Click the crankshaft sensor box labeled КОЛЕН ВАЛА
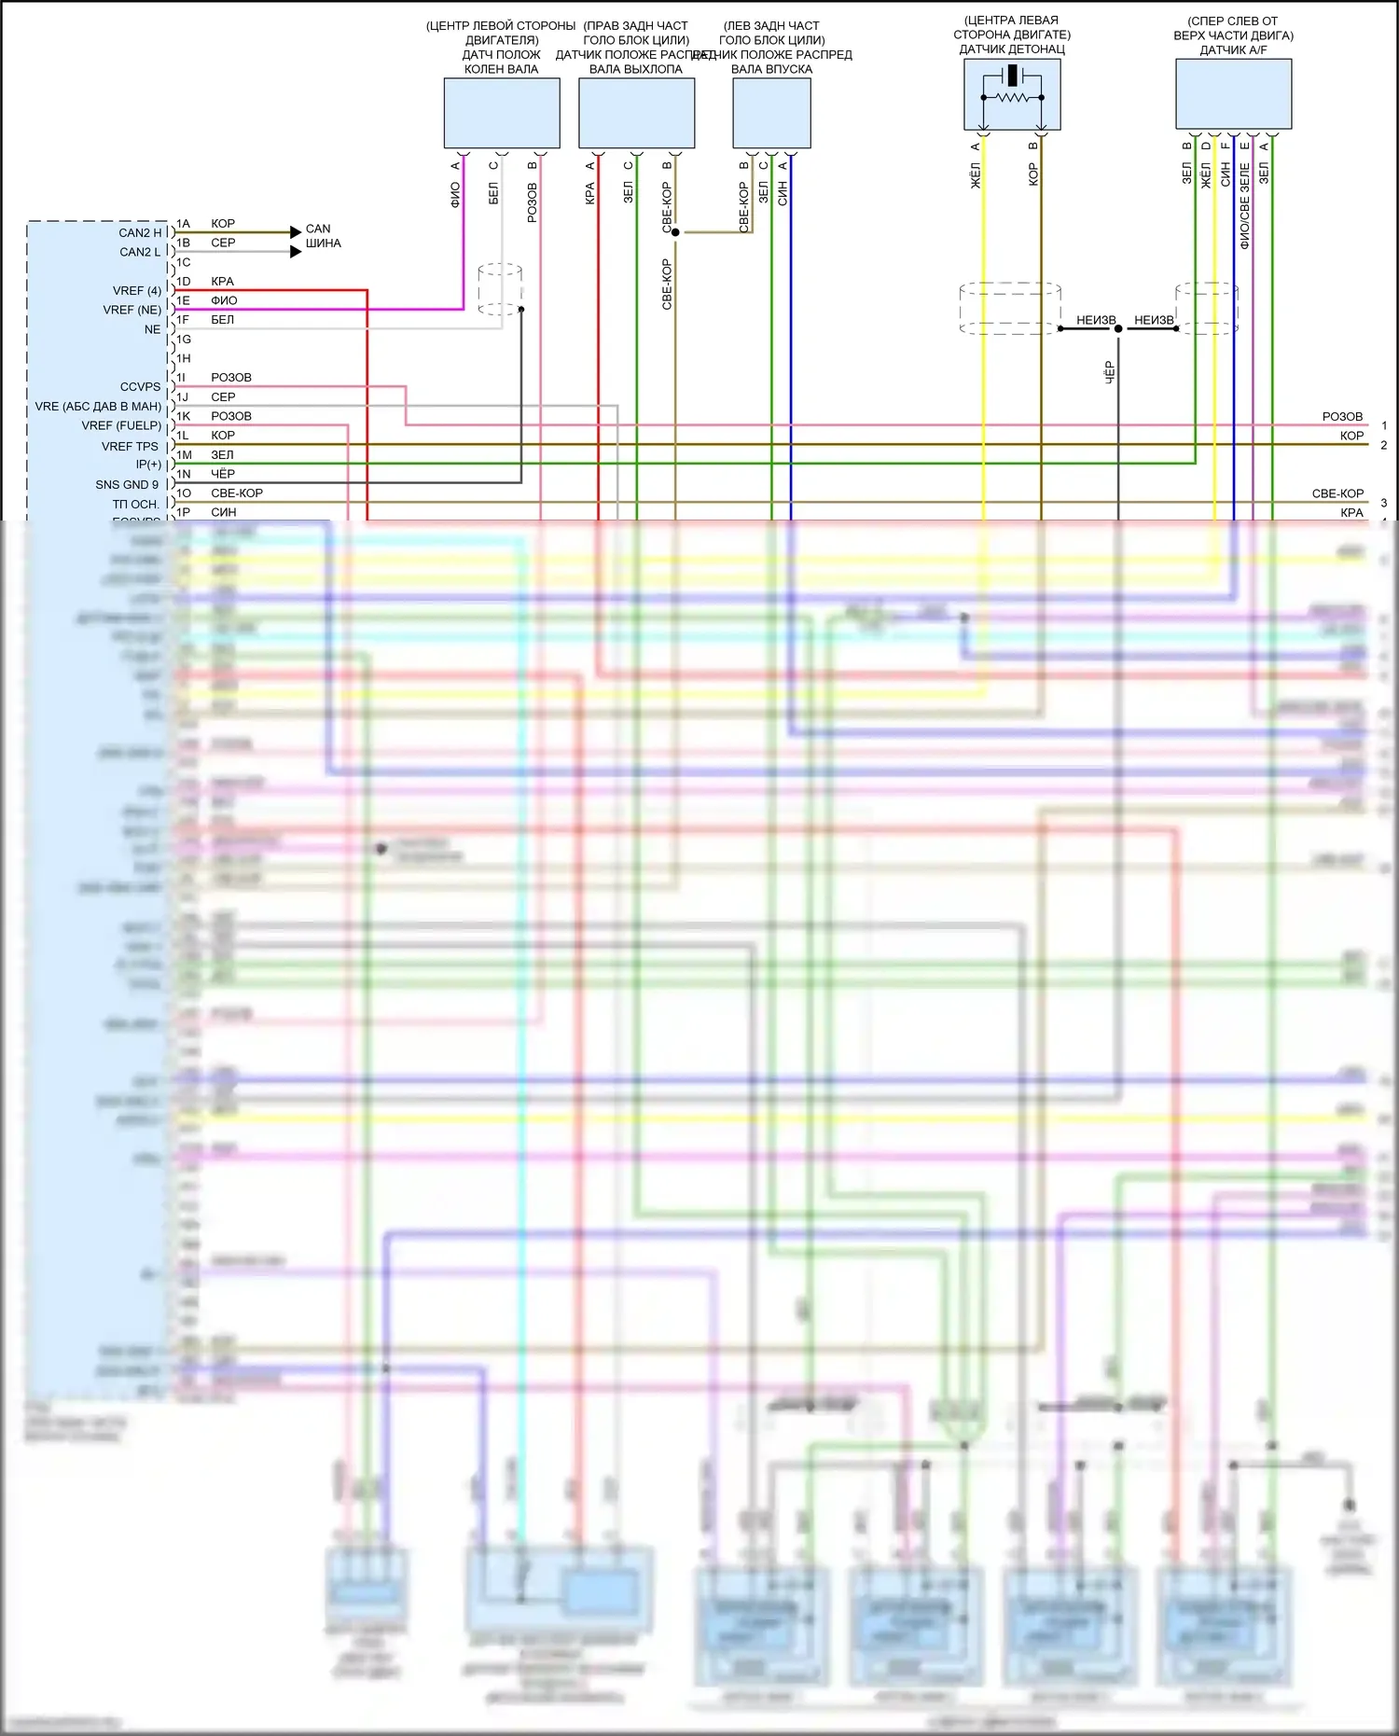(x=501, y=113)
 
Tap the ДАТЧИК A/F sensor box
(x=1233, y=93)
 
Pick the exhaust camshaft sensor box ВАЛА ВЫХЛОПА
(x=636, y=113)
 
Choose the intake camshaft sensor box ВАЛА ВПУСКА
(x=771, y=113)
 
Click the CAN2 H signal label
(x=140, y=232)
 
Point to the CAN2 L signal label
(x=140, y=252)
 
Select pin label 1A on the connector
(x=184, y=224)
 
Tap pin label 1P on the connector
(x=184, y=512)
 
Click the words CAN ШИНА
(x=323, y=236)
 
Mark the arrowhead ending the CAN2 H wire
(x=296, y=232)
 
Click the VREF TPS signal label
(x=130, y=446)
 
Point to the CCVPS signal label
(x=140, y=386)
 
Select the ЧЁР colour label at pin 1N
(x=222, y=474)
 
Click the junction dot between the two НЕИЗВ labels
(x=1117, y=328)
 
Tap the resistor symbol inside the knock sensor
(x=1012, y=97)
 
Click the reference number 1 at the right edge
(x=1384, y=425)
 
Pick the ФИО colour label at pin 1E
(x=224, y=300)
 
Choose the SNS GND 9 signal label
(x=127, y=484)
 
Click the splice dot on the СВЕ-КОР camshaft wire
(x=675, y=232)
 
